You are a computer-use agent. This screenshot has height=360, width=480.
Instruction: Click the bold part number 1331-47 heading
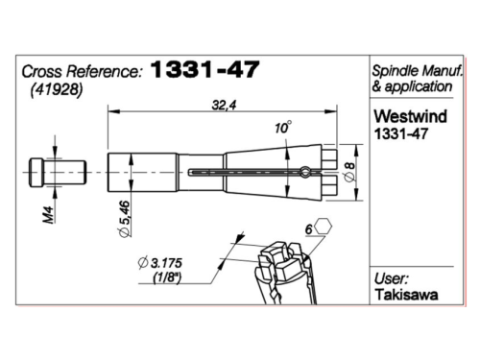click(204, 69)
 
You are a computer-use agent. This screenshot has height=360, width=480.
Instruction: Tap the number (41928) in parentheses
click(57, 90)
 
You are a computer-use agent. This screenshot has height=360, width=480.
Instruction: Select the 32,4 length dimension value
click(224, 105)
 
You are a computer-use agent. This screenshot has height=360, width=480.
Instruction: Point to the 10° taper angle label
click(283, 128)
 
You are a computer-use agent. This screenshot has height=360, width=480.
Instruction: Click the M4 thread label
click(49, 214)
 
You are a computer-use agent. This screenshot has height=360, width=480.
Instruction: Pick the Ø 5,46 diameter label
click(124, 219)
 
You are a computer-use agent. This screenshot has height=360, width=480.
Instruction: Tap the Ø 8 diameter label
click(350, 172)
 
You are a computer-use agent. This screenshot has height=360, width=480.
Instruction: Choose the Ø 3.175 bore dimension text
click(159, 263)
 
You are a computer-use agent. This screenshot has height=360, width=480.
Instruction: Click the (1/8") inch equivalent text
click(167, 277)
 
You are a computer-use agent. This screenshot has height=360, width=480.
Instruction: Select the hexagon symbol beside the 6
click(323, 227)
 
